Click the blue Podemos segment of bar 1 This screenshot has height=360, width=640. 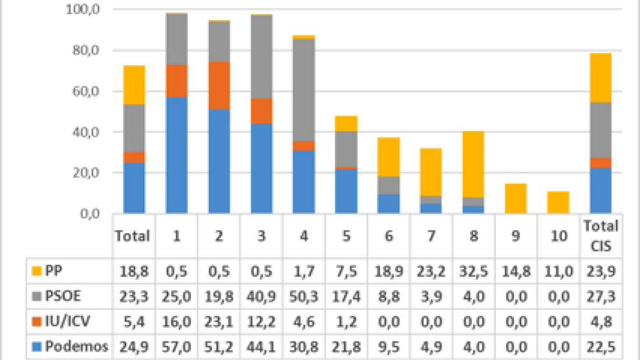(176, 155)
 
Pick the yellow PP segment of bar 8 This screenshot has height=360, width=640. (473, 164)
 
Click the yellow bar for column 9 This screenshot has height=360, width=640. (515, 198)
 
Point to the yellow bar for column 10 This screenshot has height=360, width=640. (558, 202)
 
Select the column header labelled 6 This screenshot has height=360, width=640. (389, 235)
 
